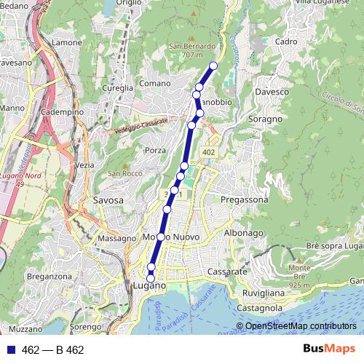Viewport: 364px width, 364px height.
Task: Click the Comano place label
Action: (x=154, y=84)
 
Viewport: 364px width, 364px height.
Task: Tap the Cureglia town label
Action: (x=118, y=87)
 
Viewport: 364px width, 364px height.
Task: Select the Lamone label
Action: (x=67, y=43)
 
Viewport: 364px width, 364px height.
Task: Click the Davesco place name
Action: (x=273, y=92)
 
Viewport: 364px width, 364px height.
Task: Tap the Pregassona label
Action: (x=244, y=199)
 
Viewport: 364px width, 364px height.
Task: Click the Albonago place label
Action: (x=243, y=233)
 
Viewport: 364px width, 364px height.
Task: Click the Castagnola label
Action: (x=259, y=308)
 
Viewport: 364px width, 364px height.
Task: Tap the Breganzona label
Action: (x=47, y=277)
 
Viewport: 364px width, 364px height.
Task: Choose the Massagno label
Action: (x=117, y=238)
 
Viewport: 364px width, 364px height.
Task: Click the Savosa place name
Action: (x=108, y=199)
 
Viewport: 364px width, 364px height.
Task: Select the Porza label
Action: (x=157, y=150)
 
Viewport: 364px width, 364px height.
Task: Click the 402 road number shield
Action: (x=209, y=151)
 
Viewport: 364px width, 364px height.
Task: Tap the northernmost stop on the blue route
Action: (x=213, y=66)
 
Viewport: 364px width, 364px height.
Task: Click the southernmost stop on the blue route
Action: (x=151, y=278)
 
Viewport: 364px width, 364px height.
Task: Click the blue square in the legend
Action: (x=11, y=349)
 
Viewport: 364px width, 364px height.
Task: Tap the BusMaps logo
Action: (x=329, y=349)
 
